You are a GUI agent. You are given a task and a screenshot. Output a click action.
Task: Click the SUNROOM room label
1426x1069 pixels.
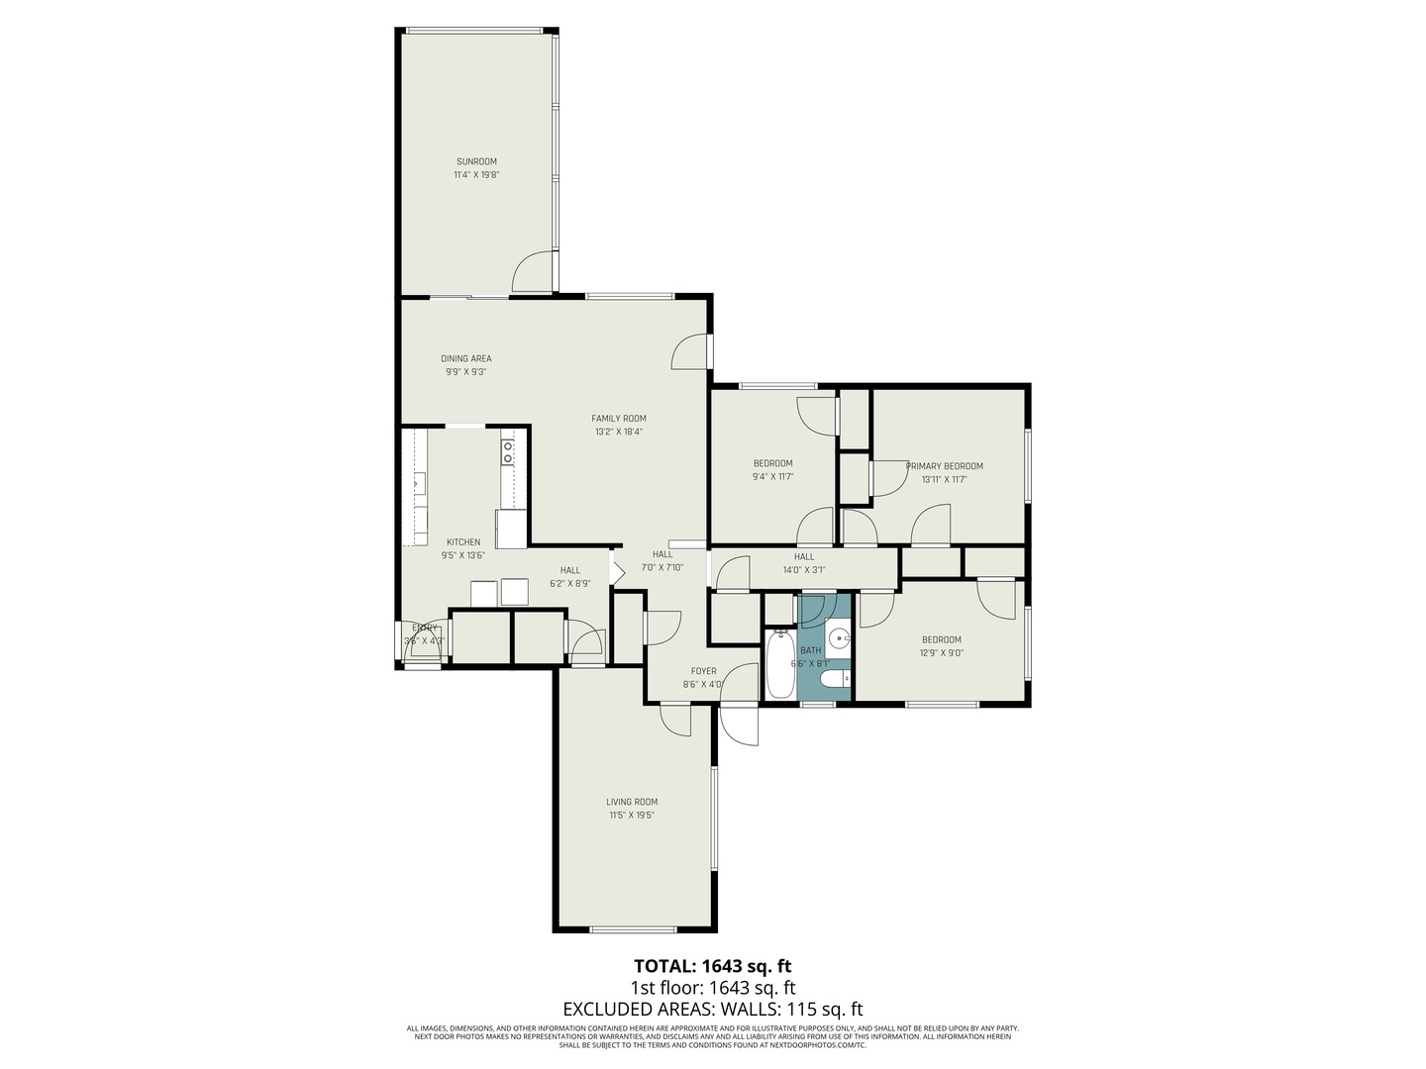[x=476, y=161]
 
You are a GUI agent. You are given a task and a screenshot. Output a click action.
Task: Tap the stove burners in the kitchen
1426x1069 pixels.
[x=508, y=452]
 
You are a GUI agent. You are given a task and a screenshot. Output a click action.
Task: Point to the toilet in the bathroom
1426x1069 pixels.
[x=836, y=679]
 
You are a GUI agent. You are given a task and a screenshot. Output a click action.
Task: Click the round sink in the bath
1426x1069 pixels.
[x=840, y=638]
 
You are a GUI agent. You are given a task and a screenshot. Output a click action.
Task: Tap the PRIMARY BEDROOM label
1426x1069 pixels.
[x=944, y=466]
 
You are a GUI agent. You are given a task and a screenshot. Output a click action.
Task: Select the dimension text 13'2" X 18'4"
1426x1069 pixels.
[x=619, y=432]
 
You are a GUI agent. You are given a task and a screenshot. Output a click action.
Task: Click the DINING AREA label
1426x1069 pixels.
[x=465, y=358]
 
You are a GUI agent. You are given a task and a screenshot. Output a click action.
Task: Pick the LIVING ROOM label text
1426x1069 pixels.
[x=632, y=802]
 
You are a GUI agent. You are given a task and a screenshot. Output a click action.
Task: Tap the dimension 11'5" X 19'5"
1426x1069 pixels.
[x=632, y=816]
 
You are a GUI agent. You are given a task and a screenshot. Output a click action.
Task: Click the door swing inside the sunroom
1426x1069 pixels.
[x=534, y=272]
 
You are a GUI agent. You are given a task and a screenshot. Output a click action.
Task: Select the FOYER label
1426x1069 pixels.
[x=703, y=671]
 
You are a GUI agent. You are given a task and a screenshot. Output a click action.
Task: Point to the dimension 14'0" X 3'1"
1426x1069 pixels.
[x=803, y=569]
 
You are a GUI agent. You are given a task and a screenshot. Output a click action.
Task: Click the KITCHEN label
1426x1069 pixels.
[x=463, y=541]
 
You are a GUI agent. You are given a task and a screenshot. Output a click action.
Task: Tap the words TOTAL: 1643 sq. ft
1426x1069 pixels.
[x=712, y=965]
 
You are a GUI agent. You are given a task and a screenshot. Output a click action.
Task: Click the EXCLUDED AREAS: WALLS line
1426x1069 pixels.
[x=712, y=1010]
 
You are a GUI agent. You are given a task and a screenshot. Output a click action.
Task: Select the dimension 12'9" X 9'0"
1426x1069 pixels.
[x=941, y=652]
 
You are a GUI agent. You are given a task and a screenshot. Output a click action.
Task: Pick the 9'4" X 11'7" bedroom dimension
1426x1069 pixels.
[x=772, y=476]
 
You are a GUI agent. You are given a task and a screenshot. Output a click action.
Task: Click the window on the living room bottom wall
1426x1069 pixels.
[x=633, y=929]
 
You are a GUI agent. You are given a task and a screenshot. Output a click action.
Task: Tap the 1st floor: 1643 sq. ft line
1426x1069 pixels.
[x=712, y=988]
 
